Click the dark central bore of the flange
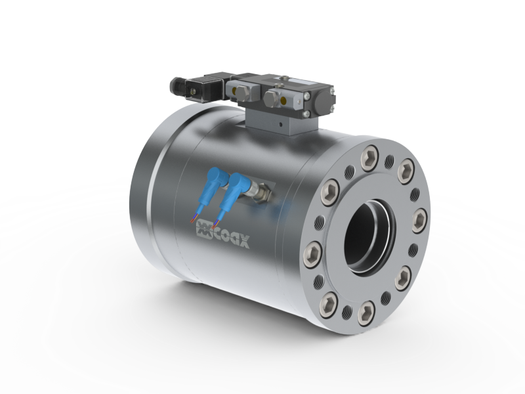pyautogui.click(x=368, y=237)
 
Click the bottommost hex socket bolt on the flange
pyautogui.click(x=366, y=313)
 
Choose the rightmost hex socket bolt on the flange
pyautogui.click(x=419, y=221)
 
